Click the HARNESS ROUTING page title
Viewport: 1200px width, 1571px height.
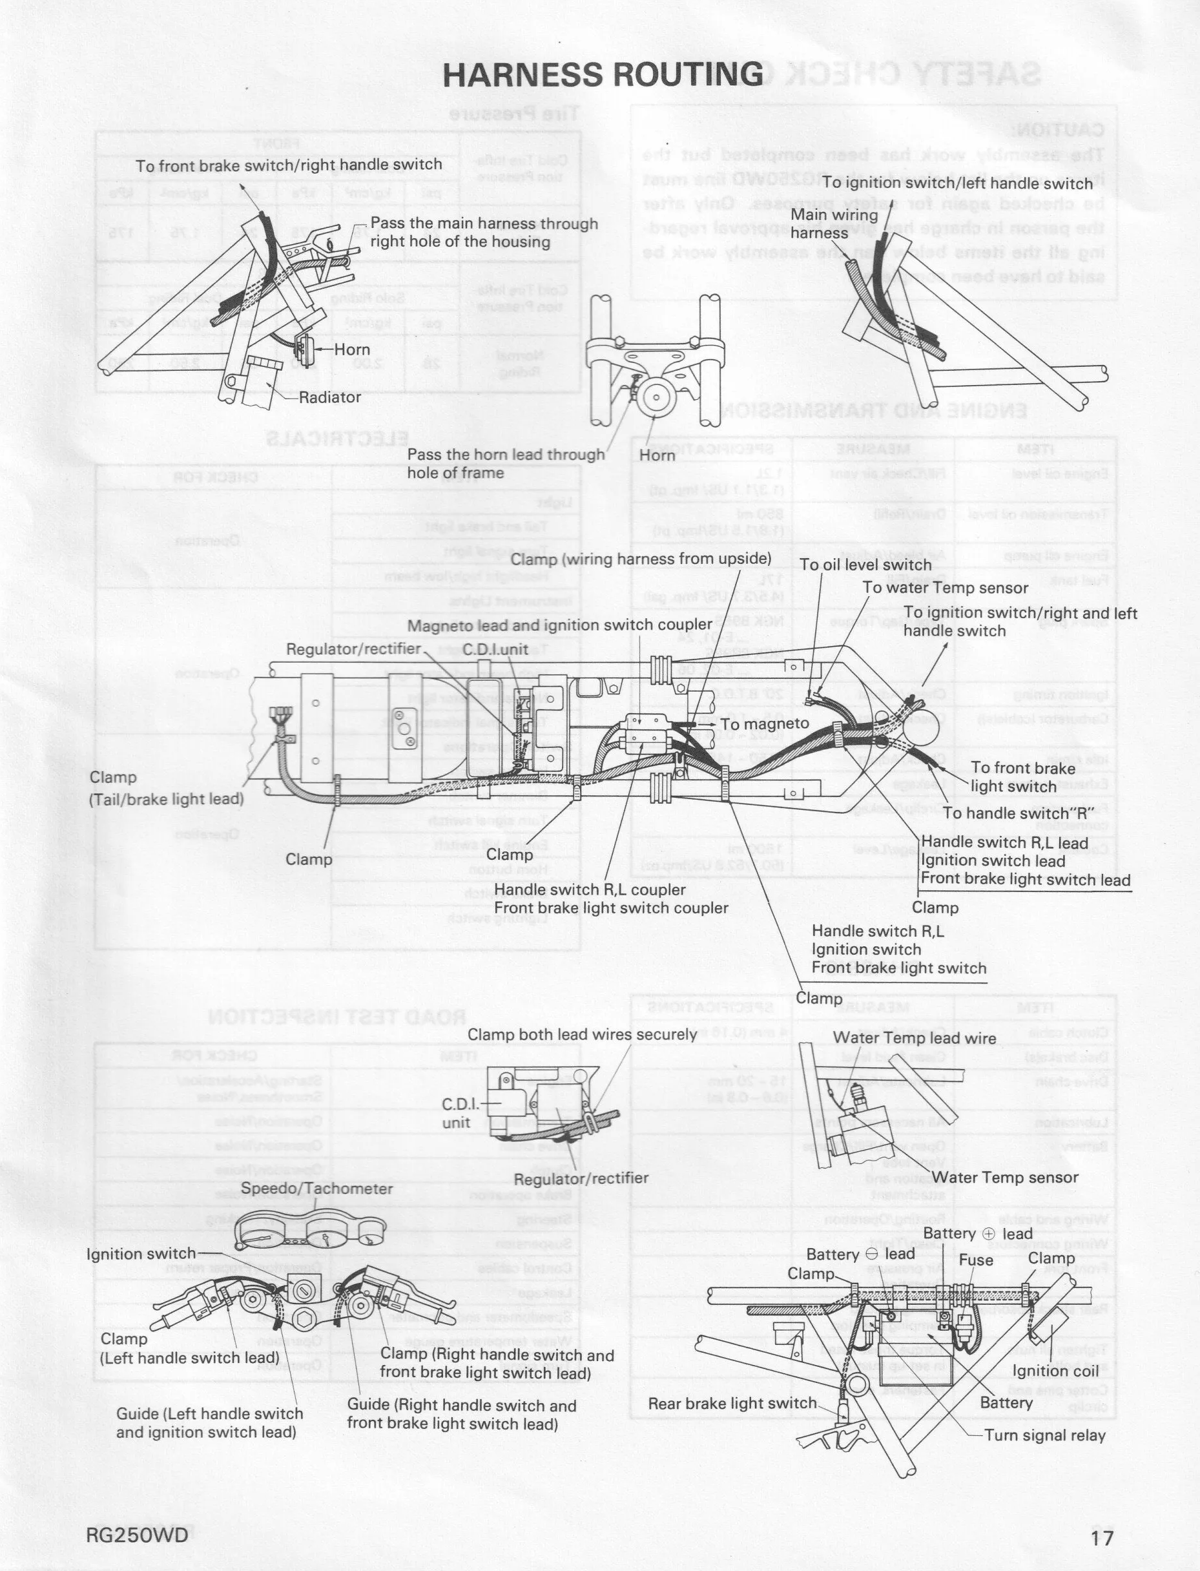coord(603,74)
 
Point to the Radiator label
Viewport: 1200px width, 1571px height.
coord(329,397)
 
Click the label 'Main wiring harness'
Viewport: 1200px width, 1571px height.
coord(834,224)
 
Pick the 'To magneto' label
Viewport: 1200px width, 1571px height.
coord(764,723)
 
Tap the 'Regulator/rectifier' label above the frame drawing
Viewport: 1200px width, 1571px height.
coord(353,649)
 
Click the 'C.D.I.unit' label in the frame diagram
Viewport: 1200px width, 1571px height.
coord(495,649)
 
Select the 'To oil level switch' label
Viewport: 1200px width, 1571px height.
coord(865,565)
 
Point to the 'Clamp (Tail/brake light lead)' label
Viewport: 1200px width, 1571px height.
coord(167,788)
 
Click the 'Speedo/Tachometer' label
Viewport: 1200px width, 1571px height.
coord(316,1188)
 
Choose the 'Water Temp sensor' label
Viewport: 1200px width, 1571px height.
coord(1004,1177)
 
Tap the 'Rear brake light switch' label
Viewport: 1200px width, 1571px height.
coord(732,1403)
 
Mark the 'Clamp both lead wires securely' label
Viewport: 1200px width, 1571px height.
coord(581,1034)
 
